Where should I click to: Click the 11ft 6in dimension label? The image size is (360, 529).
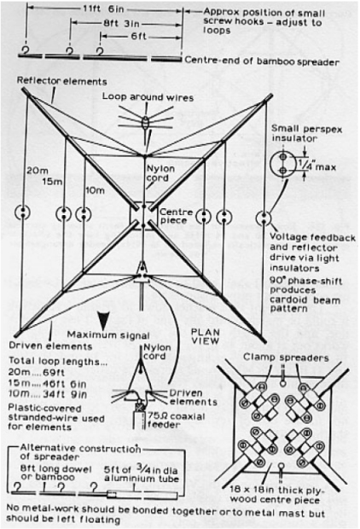point(104,9)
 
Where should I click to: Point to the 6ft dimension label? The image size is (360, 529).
point(139,36)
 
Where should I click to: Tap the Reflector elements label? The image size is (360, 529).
point(61,81)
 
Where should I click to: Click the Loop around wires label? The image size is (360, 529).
point(148,97)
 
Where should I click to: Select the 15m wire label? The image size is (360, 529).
point(52,182)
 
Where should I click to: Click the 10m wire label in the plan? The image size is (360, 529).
point(95,190)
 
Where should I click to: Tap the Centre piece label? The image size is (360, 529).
point(176,216)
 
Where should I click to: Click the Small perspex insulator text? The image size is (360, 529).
point(307,134)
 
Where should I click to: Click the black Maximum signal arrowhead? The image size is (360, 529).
point(103,322)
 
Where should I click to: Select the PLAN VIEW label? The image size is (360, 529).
point(205,336)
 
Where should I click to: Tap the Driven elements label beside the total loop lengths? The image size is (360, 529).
point(50,346)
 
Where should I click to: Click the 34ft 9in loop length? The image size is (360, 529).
point(65,394)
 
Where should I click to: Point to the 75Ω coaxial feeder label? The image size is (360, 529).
point(176,421)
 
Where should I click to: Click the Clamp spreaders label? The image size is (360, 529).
point(286,358)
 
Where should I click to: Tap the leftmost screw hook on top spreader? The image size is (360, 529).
point(25,50)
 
